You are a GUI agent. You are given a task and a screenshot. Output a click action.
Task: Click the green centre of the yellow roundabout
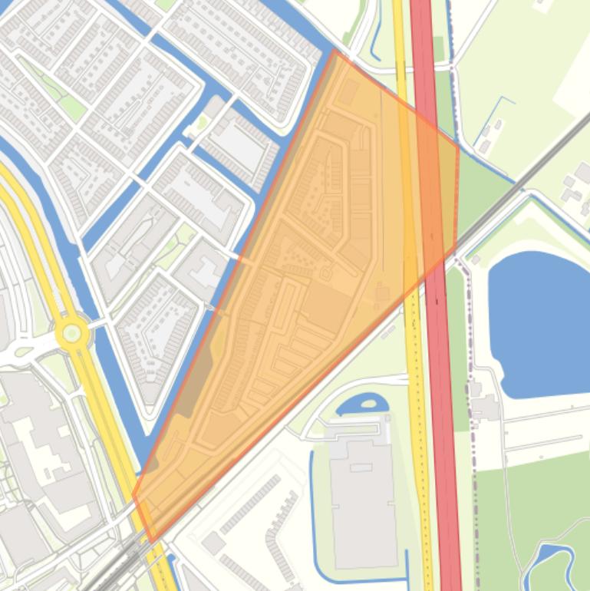tap(71, 333)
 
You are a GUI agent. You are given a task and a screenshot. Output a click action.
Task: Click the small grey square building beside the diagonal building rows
tap(214, 543)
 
